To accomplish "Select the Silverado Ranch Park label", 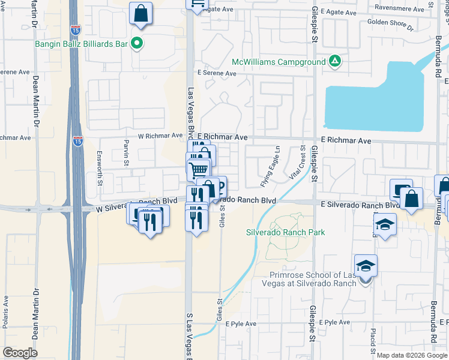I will click(286, 232).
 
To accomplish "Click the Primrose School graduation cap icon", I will click(365, 265).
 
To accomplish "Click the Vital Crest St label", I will click(303, 160).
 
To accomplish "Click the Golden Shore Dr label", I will click(390, 24).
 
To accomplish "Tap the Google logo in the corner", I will click(19, 353).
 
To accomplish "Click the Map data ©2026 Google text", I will click(412, 355).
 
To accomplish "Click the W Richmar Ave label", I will click(160, 136).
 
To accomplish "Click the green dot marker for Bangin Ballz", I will click(137, 43).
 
